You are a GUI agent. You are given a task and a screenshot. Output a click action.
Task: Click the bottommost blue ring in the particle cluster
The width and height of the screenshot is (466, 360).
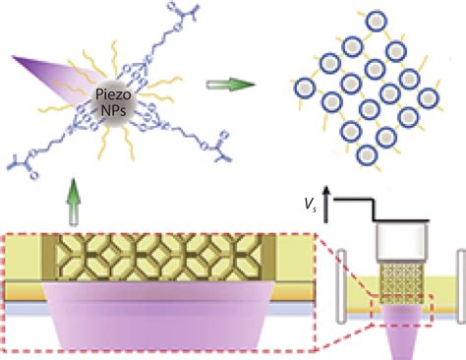pyautogui.click(x=372, y=154)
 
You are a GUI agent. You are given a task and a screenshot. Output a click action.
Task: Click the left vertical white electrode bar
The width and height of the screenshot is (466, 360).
pyautogui.click(x=341, y=285)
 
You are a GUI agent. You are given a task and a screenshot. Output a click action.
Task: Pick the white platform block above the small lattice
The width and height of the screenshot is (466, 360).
pyautogui.click(x=400, y=241)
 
